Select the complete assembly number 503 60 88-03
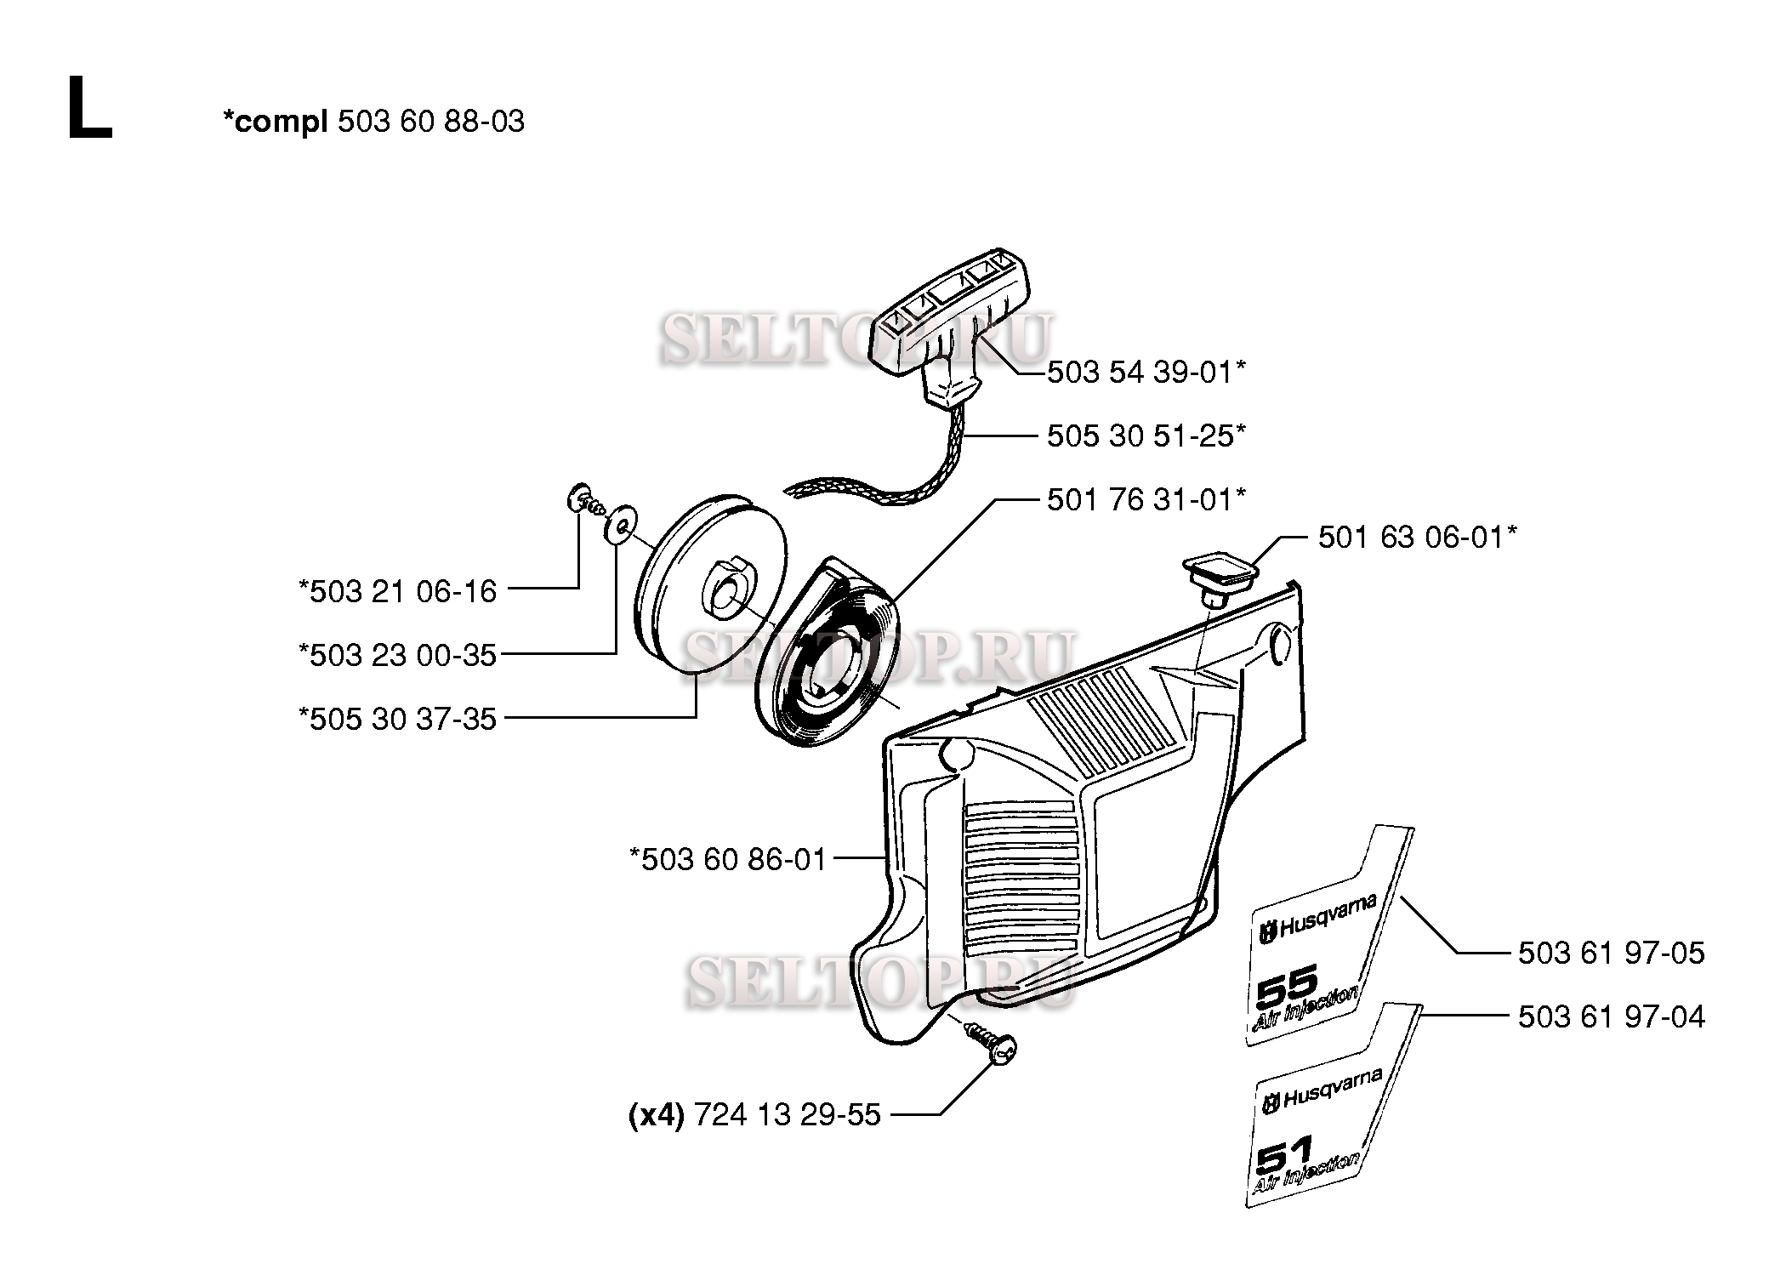430,122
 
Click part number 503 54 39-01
1146,373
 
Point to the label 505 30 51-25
1146,436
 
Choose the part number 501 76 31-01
1146,499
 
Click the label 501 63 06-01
1417,538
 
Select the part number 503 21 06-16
397,591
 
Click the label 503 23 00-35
397,655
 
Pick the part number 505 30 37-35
397,719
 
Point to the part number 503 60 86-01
728,859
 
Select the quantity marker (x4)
656,1114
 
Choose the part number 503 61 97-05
1611,953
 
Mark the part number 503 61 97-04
1611,1016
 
